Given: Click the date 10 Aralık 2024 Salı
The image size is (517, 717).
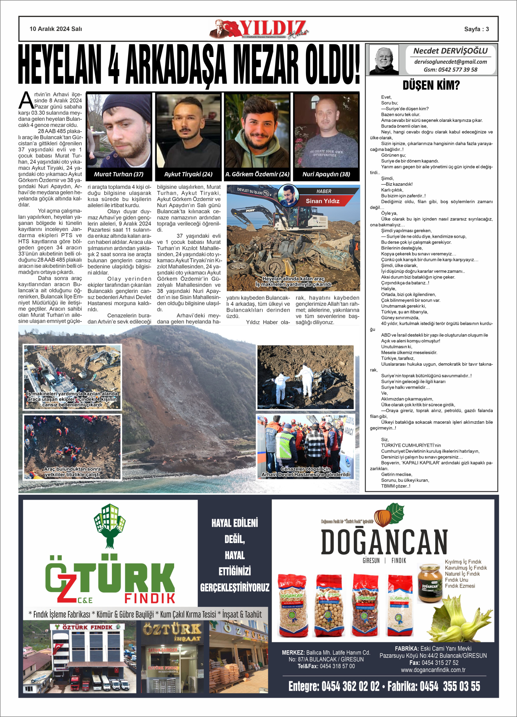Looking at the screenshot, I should [56, 29].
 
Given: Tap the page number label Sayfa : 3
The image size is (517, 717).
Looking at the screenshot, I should [476, 29].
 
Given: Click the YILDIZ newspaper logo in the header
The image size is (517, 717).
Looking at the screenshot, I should [264, 29].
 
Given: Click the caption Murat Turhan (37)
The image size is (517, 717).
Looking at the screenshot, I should [119, 174].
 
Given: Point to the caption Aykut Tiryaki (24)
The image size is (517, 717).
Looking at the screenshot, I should [188, 174].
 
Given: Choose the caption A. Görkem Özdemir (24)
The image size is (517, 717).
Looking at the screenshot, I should [257, 174].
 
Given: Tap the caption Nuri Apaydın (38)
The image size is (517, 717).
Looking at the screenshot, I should [326, 174].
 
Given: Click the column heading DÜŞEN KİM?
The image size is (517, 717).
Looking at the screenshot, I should [431, 85].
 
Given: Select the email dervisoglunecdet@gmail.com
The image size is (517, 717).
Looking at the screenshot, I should [450, 62].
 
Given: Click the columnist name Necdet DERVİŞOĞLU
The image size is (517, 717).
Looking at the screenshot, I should [450, 51].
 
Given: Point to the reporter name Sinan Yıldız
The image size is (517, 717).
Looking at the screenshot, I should [323, 201].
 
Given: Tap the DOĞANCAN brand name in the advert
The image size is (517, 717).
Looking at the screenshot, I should [384, 542].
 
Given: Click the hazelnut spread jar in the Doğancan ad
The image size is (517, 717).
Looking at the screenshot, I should [430, 583].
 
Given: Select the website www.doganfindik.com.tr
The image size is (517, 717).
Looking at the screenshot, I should [433, 670].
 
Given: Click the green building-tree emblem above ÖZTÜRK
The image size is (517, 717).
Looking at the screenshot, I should [110, 525].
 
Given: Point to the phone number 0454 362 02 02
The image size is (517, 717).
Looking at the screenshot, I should [350, 686].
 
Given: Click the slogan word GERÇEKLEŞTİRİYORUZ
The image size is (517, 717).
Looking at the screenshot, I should [235, 588].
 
